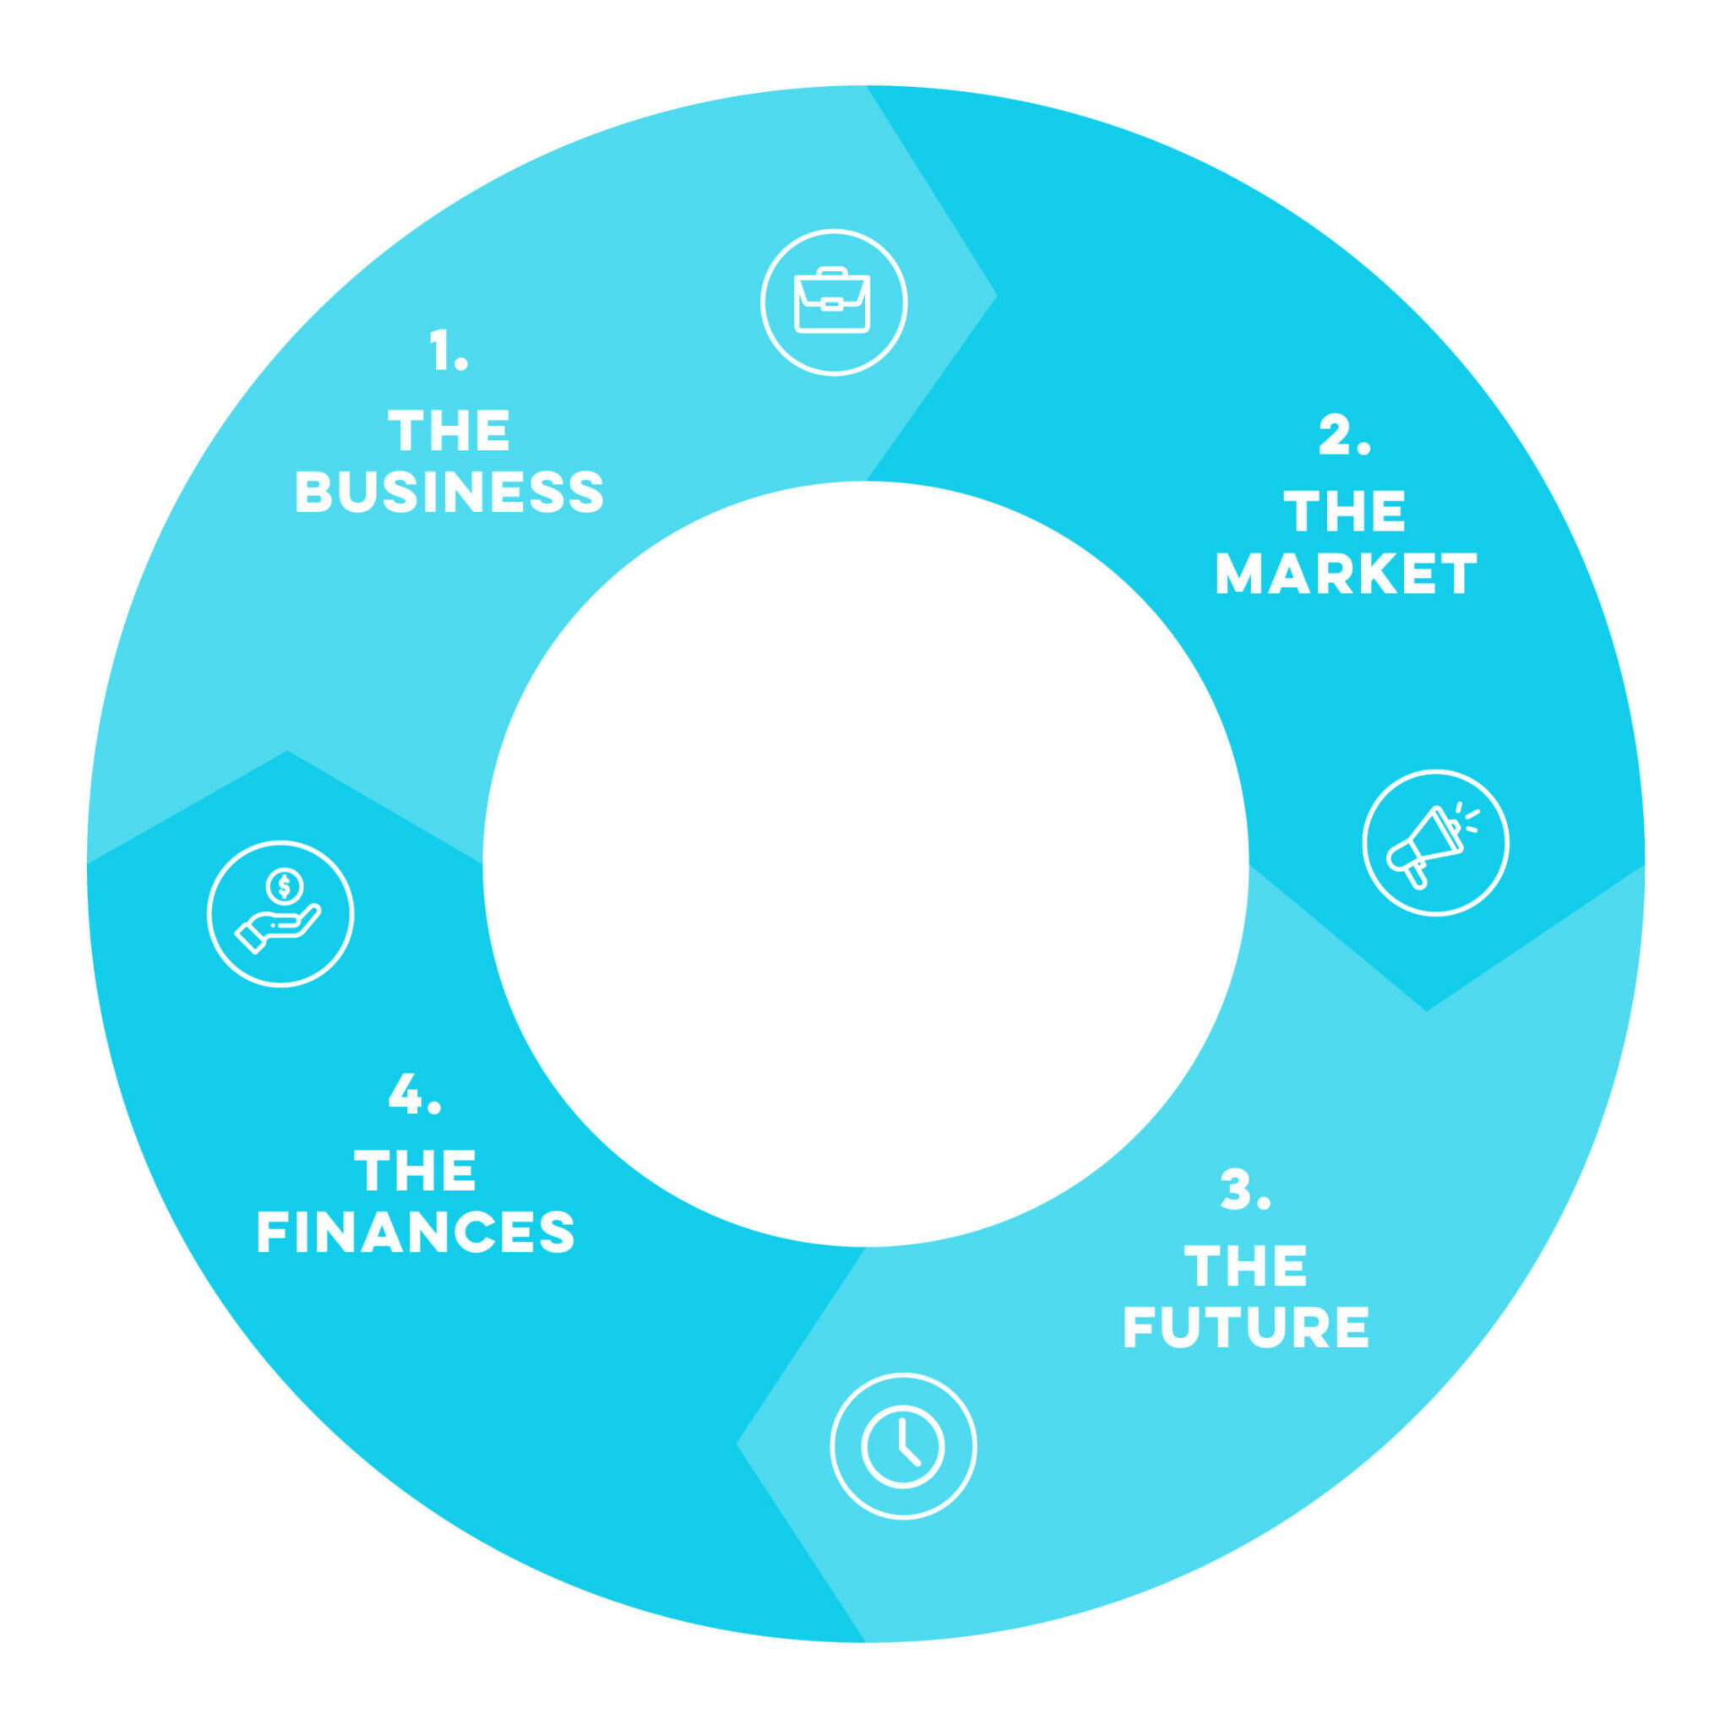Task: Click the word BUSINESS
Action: click(449, 492)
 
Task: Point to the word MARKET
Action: click(1346, 573)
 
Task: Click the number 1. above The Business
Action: click(449, 350)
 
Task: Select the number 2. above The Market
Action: click(1345, 435)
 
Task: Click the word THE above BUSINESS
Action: click(449, 431)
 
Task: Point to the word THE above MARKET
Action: click(1345, 511)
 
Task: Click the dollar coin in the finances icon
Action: click(285, 886)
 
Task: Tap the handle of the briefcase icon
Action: click(832, 271)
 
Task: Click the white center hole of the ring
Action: click(865, 864)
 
